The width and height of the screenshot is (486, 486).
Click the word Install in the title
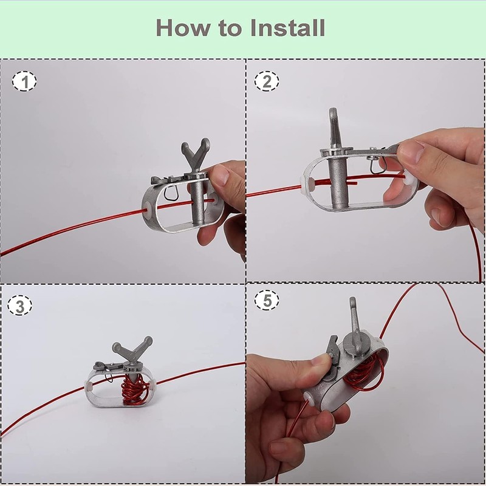coord(287,27)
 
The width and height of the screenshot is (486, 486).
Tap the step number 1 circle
coord(24,81)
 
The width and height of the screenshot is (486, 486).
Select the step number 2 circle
coord(267,81)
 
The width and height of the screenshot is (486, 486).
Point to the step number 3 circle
coord(20,306)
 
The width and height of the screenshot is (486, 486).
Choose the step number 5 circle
coord(267,300)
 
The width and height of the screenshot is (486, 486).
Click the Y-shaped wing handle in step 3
coord(132,349)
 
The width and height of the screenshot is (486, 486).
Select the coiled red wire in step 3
coord(134,389)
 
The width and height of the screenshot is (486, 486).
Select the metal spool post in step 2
coord(337,180)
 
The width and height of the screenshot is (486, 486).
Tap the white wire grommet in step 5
coord(308,398)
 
